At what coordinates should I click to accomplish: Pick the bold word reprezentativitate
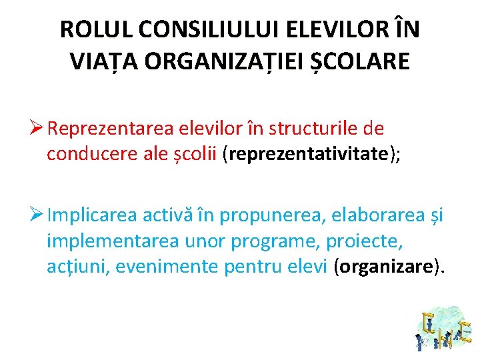point(309,154)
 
